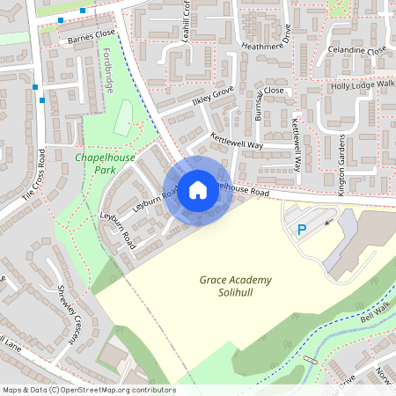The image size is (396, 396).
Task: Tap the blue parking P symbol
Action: pyautogui.click(x=301, y=230)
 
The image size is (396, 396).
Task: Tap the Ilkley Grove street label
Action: pyautogui.click(x=212, y=94)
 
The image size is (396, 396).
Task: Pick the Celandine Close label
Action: pyautogui.click(x=356, y=50)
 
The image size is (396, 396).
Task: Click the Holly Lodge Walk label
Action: pyautogui.click(x=363, y=85)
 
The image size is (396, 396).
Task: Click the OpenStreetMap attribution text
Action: pyautogui.click(x=88, y=389)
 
